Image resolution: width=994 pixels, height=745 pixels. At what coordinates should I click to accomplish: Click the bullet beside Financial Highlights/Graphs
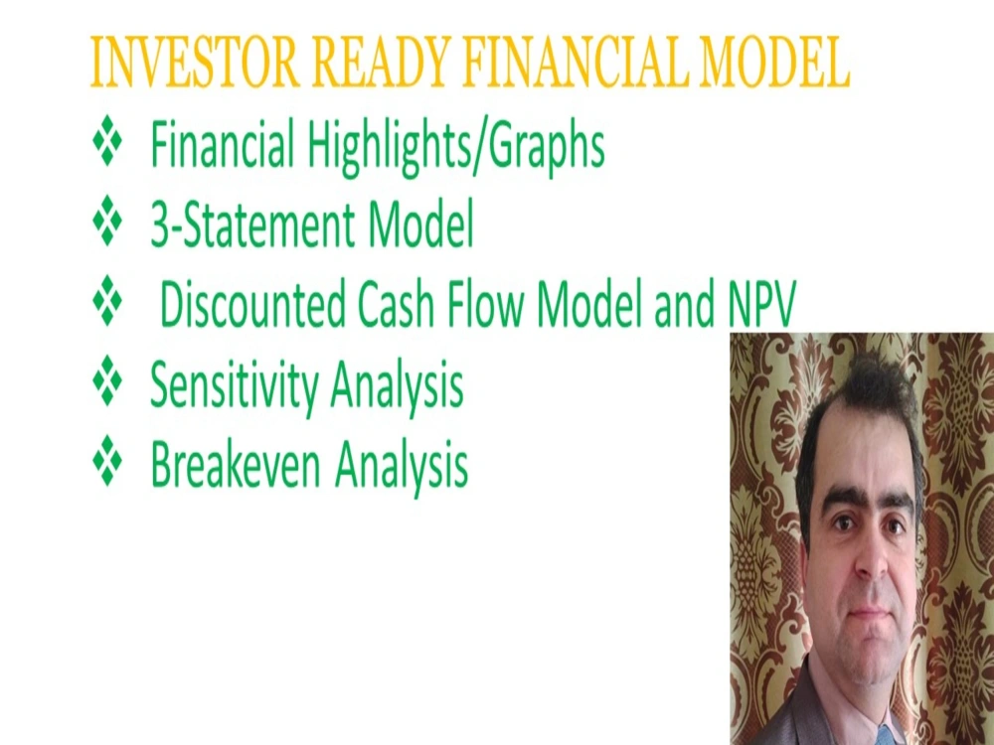pyautogui.click(x=106, y=145)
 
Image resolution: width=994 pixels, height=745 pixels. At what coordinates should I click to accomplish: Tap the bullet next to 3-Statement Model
pyautogui.click(x=106, y=224)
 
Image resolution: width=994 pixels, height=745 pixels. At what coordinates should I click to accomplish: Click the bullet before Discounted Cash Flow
pyautogui.click(x=106, y=304)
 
